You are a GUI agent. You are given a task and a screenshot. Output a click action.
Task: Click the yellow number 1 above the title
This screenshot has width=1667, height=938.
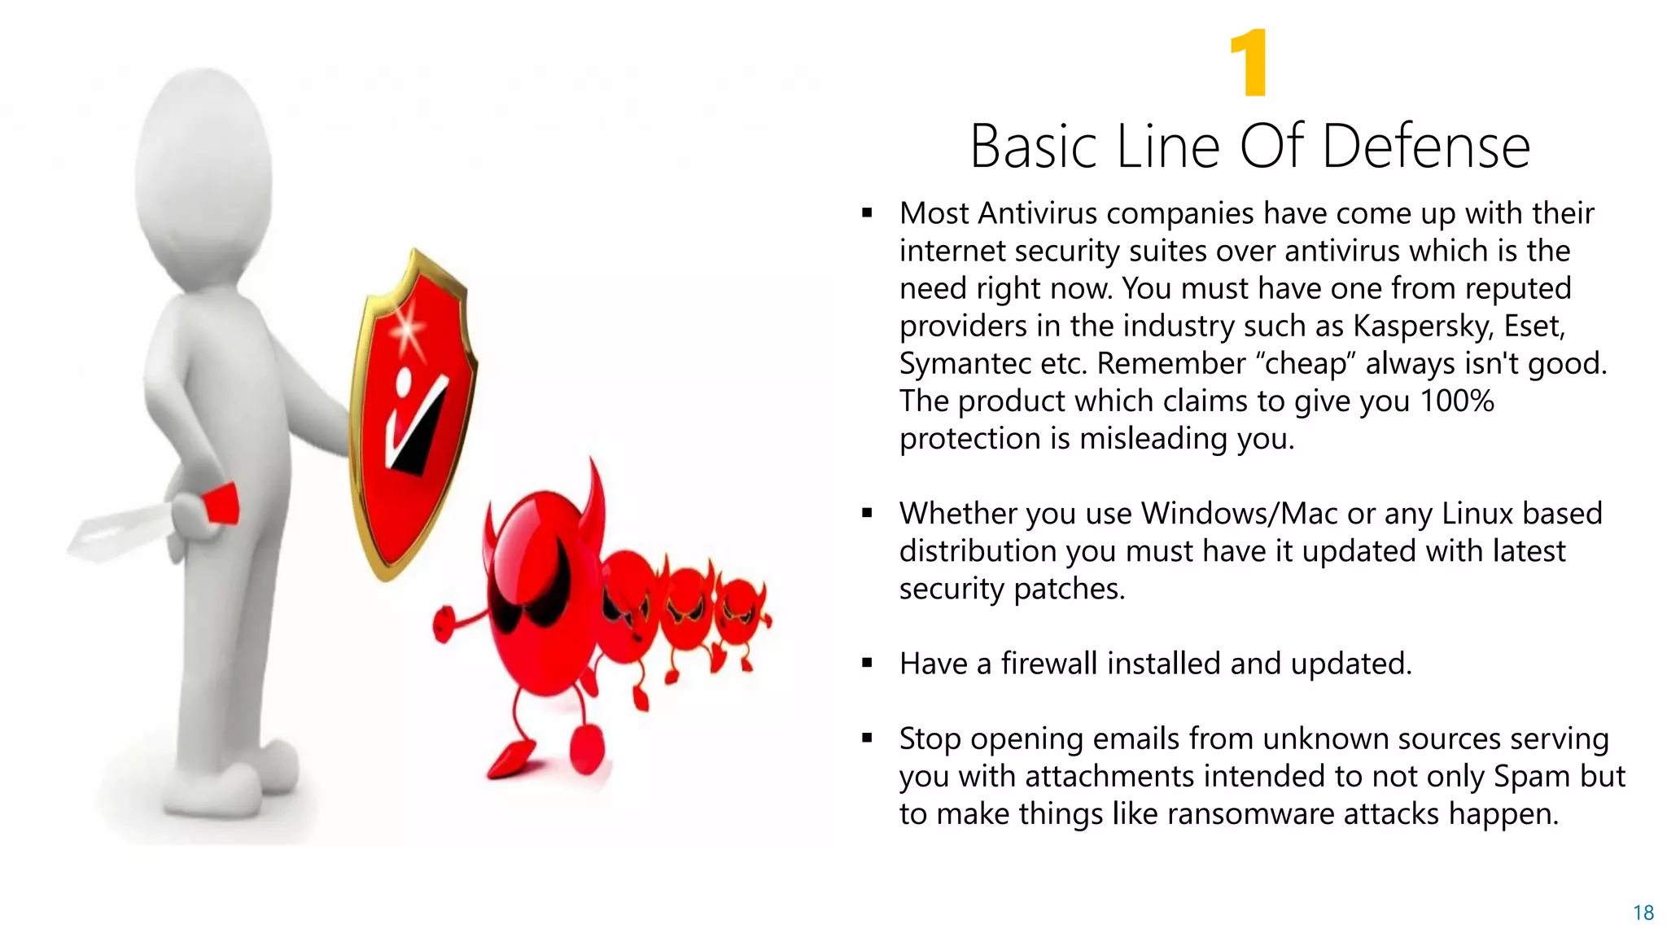point(1249,64)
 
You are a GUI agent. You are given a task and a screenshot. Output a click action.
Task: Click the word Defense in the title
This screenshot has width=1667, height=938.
point(1426,147)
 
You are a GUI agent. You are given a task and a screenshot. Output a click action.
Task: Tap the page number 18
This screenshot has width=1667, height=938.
point(1643,913)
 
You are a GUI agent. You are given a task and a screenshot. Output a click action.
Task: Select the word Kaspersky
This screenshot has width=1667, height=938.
point(1422,326)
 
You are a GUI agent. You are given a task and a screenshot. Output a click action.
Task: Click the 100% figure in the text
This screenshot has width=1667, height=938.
point(1457,401)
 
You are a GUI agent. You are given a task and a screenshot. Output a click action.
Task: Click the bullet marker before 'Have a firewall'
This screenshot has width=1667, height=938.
point(867,664)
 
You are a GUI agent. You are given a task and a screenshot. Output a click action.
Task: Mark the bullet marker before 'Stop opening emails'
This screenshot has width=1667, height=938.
point(867,739)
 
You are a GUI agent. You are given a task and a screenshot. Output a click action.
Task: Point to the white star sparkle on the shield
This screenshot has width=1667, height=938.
point(406,331)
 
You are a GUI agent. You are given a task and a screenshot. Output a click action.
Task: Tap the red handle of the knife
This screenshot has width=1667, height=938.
point(220,505)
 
